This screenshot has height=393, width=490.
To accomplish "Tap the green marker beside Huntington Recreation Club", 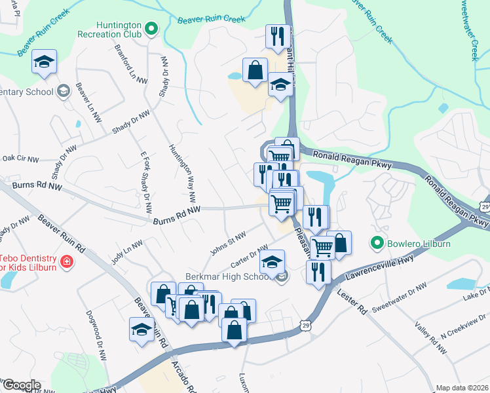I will [151, 28].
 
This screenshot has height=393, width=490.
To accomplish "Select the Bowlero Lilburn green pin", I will [377, 244].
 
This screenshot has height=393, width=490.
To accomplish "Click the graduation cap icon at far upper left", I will [44, 62].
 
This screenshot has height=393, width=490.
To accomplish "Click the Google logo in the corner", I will [21, 385].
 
